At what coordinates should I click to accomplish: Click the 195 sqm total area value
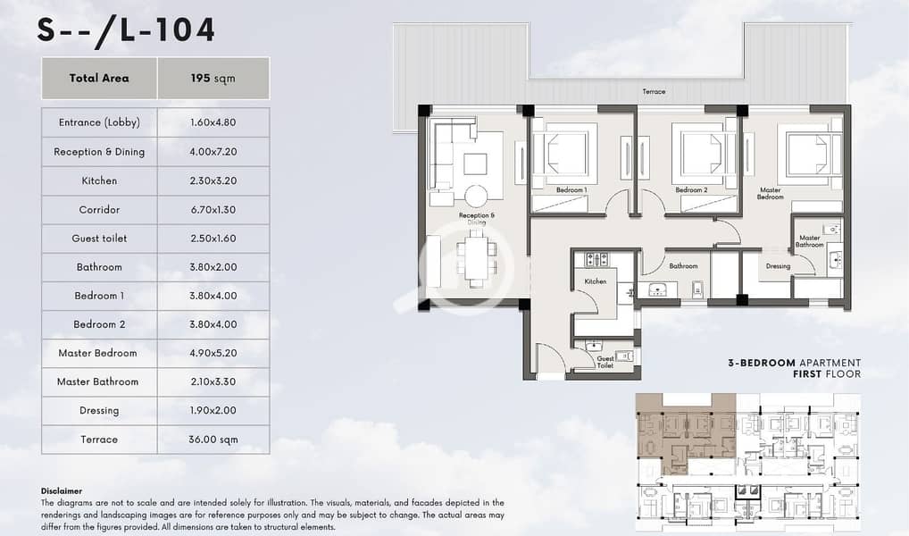click(213, 79)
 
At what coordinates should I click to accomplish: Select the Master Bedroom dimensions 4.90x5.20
click(213, 353)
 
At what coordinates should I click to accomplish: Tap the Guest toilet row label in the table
click(99, 239)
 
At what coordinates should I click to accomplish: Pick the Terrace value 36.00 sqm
click(213, 440)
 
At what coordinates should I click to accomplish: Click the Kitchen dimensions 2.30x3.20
click(213, 181)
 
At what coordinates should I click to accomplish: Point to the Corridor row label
click(99, 210)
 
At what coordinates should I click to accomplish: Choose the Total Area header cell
click(99, 79)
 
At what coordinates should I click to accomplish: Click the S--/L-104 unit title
click(127, 30)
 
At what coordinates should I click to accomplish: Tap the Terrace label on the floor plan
click(654, 92)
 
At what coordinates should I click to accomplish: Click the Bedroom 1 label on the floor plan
click(571, 190)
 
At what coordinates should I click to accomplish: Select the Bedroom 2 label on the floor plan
click(691, 190)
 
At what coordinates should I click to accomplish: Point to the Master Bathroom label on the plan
click(809, 241)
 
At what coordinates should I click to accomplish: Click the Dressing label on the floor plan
click(778, 266)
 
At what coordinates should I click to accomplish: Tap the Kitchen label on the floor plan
click(596, 281)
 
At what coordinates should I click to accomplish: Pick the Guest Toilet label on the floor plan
click(605, 362)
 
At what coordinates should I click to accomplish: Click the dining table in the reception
click(476, 259)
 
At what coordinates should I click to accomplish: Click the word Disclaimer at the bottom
click(62, 491)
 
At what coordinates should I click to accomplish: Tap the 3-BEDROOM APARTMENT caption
click(794, 363)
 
